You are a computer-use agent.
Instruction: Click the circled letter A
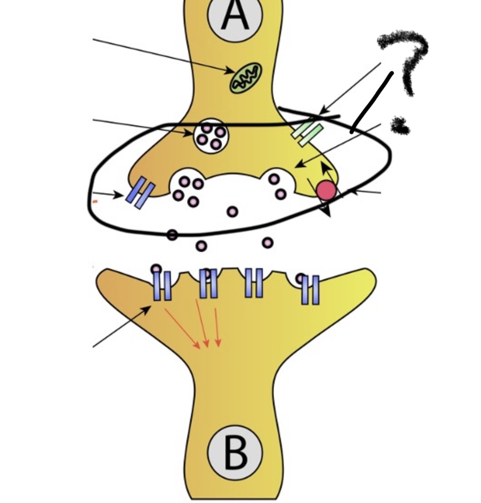point(235,15)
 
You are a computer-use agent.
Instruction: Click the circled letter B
point(235,452)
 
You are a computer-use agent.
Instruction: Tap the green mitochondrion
point(246,78)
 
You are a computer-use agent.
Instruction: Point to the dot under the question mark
point(400,126)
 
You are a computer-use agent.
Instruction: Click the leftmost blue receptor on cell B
point(162,286)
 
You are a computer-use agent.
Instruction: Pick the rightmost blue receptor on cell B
point(310,290)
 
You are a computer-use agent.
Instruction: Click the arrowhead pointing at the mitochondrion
point(229,71)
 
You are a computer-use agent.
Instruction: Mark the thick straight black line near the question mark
point(372,102)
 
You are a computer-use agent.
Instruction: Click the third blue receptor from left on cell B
point(254,283)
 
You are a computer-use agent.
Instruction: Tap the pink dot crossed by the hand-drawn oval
point(172,235)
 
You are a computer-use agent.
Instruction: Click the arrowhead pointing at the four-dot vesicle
point(187,132)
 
